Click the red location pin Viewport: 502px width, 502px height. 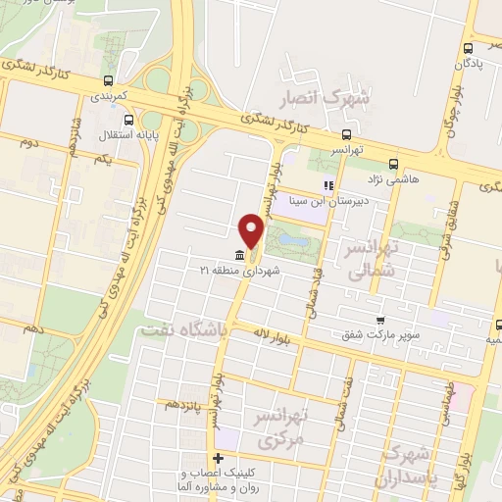[x=252, y=229]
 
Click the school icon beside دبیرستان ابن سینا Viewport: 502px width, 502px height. [x=329, y=183]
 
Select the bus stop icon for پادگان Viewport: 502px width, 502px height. [x=469, y=49]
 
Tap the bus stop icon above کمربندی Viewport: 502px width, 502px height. [x=107, y=82]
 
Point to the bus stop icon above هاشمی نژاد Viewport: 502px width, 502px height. [x=393, y=164]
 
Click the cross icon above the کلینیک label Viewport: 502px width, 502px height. [x=218, y=458]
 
